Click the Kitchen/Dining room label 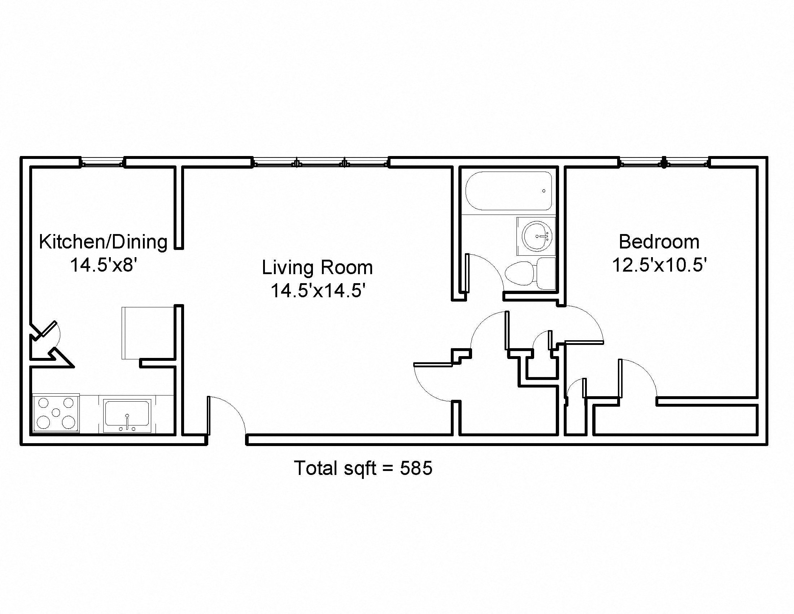coord(103,242)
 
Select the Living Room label coord(317,267)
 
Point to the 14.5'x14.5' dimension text coord(318,291)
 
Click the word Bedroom coord(659,242)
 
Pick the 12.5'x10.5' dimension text coord(659,265)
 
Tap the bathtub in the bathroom coord(509,191)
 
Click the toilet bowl coord(520,273)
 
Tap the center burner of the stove coord(56,412)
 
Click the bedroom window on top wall coord(664,162)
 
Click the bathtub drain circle coord(544,191)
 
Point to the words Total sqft coord(335,468)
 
